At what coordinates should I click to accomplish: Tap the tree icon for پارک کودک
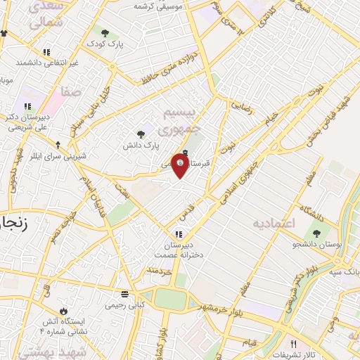105,33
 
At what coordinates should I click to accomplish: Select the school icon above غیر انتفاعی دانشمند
46,52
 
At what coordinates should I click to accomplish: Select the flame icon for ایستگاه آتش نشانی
64,310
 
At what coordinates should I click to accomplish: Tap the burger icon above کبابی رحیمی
124,293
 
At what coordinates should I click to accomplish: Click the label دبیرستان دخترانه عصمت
184,250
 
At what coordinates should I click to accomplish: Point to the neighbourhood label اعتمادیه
276,223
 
